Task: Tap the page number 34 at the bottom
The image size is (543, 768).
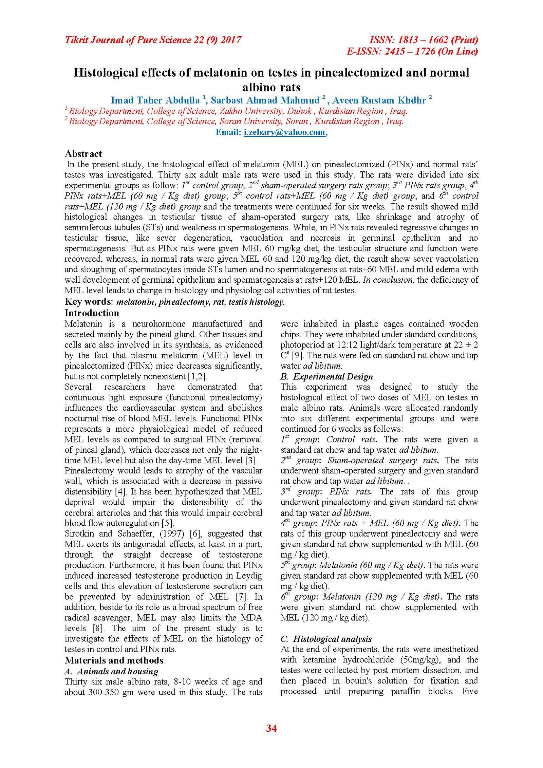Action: (x=271, y=728)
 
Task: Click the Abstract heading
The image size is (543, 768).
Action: (x=83, y=154)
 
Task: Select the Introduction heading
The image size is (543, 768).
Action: (x=92, y=313)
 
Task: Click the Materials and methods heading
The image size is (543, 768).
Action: (x=114, y=660)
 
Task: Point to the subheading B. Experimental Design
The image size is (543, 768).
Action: (x=326, y=376)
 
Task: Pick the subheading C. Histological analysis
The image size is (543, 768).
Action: (x=326, y=639)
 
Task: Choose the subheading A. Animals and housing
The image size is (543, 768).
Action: (x=111, y=671)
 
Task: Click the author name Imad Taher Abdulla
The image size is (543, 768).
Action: (x=155, y=100)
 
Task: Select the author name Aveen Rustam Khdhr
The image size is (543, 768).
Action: (x=379, y=100)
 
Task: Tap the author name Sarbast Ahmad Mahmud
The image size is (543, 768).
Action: (x=265, y=100)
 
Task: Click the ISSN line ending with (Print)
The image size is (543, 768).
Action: (x=424, y=40)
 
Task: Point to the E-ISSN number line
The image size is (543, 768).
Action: (x=412, y=51)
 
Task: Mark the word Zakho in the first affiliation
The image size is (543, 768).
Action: (x=230, y=111)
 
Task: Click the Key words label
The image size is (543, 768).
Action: (x=89, y=302)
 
